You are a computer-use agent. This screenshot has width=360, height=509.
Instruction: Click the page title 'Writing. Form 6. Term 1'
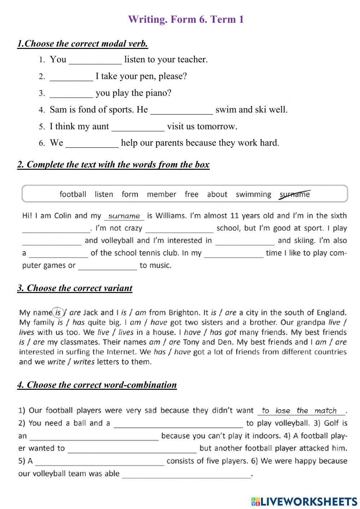click(x=186, y=19)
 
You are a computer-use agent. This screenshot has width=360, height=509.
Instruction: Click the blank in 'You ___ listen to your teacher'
click(x=95, y=60)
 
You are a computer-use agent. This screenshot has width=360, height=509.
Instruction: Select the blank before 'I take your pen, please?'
click(x=71, y=77)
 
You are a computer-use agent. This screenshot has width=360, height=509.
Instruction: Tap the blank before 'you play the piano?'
click(x=71, y=94)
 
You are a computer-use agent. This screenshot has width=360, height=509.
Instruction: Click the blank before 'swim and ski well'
click(x=181, y=110)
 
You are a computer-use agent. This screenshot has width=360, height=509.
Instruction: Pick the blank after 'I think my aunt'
click(x=138, y=127)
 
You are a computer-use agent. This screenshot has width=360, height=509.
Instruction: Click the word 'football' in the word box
click(x=73, y=195)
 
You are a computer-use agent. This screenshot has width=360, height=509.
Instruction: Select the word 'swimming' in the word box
click(x=253, y=195)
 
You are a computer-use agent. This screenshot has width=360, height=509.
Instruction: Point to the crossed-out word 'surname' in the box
click(x=295, y=195)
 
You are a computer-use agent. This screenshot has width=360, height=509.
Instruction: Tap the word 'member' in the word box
click(x=161, y=195)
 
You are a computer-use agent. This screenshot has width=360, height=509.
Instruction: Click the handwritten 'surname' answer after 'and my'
click(x=124, y=216)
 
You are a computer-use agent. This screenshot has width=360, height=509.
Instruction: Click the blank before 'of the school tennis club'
click(x=59, y=254)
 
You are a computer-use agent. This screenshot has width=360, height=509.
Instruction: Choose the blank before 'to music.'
click(x=108, y=266)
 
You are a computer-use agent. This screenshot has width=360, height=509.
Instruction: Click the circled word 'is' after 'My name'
click(x=58, y=312)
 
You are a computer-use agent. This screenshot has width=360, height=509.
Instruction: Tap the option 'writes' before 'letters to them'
click(x=84, y=362)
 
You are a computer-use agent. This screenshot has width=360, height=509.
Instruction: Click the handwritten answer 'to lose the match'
click(x=299, y=411)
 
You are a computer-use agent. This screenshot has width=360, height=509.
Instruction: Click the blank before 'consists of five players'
click(x=100, y=461)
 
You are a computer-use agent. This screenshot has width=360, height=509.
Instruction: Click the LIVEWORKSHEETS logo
click(x=304, y=501)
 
